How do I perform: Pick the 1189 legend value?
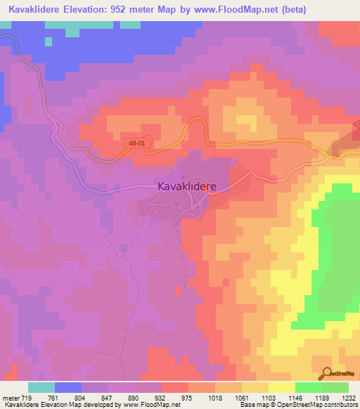point(324,399)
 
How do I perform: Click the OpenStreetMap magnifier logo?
point(326,373)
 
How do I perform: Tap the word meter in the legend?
point(10,399)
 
